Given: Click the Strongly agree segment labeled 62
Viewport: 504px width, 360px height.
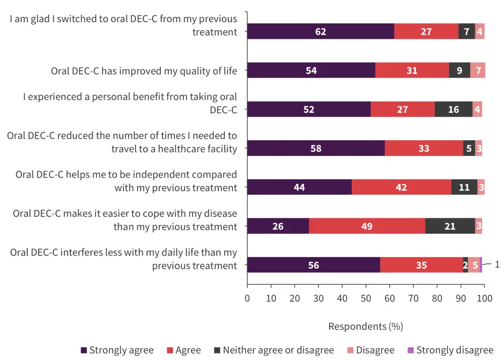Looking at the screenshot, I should pos(321,31).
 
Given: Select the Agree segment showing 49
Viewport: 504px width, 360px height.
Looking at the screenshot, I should pos(367,226).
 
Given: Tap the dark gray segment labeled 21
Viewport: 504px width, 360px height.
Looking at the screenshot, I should pos(450,226).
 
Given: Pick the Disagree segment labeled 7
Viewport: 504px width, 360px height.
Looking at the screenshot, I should pos(478,70).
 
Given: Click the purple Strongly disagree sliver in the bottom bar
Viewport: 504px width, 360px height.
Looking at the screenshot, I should pos(481,265).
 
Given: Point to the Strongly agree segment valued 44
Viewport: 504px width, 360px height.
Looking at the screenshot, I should pos(299,187).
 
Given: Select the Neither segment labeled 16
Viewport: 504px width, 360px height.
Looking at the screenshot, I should pos(454,109).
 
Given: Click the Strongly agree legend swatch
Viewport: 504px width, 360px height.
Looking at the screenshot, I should pos(84,350).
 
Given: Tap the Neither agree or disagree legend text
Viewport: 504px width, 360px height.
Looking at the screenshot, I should pos(278,350).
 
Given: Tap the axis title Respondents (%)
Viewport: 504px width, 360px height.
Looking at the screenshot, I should pos(365,326).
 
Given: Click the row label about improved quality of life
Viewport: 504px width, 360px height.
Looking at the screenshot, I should pos(144,71).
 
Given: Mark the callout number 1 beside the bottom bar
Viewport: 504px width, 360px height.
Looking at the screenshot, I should pos(497,264).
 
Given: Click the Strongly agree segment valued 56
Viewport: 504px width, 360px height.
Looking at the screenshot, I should pos(313,265).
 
